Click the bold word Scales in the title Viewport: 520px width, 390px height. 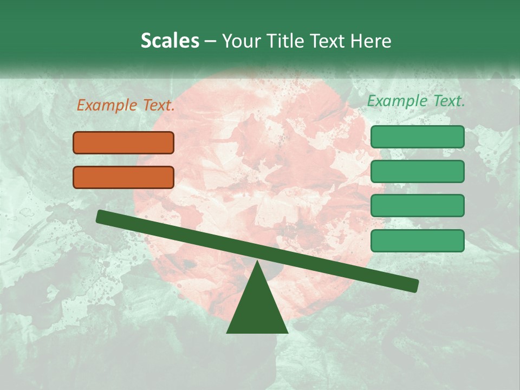pyautogui.click(x=170, y=41)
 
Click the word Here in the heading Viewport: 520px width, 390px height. pyautogui.click(x=370, y=41)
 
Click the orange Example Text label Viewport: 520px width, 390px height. pyautogui.click(x=126, y=106)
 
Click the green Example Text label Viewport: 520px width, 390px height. pyautogui.click(x=416, y=101)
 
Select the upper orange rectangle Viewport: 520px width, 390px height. pyautogui.click(x=123, y=142)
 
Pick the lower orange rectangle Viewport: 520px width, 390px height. pyautogui.click(x=123, y=177)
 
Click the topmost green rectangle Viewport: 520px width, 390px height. pyautogui.click(x=417, y=136)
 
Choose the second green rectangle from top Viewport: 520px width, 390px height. pyautogui.click(x=417, y=171)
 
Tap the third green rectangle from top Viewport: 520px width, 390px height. pyautogui.click(x=417, y=205)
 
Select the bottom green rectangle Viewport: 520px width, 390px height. pyautogui.click(x=417, y=240)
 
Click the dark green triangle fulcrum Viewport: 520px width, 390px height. pyautogui.click(x=257, y=309)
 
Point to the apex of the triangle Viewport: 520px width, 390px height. pyautogui.click(x=257, y=262)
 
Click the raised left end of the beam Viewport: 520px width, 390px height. pyautogui.click(x=101, y=216)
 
